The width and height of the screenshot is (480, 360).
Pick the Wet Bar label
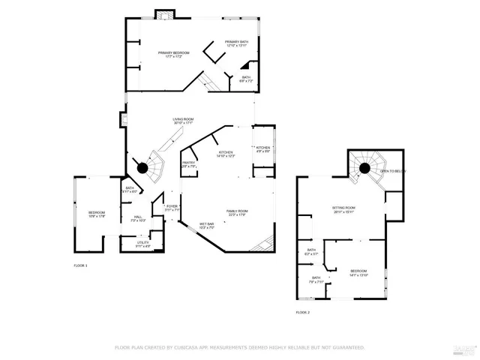[x=207, y=226]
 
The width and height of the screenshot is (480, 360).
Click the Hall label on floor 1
[x=137, y=219]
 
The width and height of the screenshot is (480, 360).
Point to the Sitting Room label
[x=344, y=209]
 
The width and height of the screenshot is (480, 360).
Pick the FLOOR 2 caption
[x=302, y=312]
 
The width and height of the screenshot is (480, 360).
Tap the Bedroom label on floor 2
[x=358, y=271]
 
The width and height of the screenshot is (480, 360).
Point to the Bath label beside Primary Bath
[x=246, y=79]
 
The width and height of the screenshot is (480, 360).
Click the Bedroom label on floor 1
[x=97, y=214]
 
